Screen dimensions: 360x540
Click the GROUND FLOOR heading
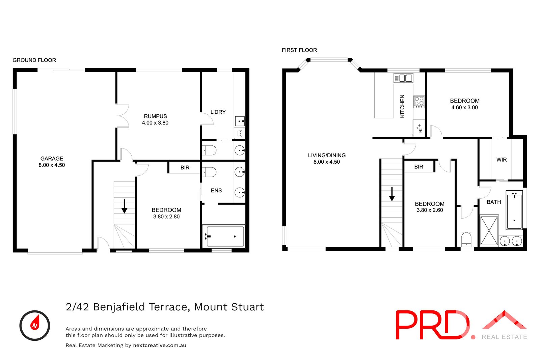34,60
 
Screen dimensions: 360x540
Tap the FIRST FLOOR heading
299,50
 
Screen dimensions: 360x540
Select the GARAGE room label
52,158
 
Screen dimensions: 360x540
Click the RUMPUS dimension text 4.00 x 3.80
155,123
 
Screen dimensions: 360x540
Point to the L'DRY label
218,112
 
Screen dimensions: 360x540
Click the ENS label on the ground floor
216,191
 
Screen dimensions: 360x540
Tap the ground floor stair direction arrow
124,206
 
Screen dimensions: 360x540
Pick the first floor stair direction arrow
392,194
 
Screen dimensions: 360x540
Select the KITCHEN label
402,106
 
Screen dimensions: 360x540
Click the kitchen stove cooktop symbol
419,102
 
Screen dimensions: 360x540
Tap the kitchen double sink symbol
403,78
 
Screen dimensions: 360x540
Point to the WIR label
502,160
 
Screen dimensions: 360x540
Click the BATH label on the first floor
494,202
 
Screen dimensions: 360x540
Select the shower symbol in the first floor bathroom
489,230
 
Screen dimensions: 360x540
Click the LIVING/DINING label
327,156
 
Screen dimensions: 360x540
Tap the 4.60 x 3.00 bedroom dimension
464,108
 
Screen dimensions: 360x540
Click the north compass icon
35,325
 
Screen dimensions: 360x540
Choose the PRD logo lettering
432,325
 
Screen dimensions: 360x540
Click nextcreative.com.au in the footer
160,345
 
